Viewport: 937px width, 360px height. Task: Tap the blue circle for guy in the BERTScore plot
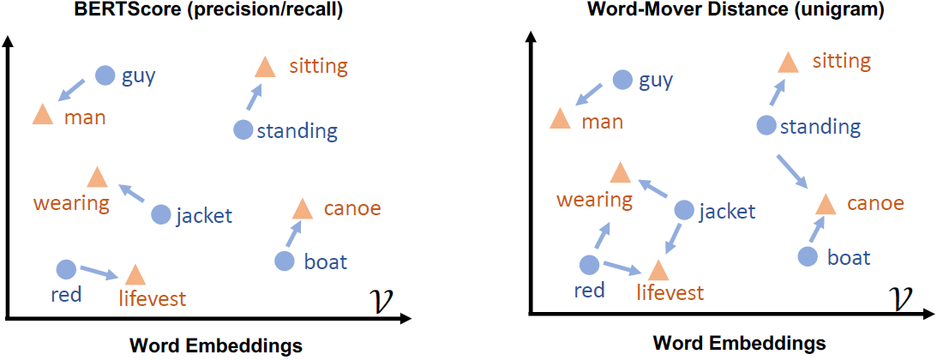(x=105, y=75)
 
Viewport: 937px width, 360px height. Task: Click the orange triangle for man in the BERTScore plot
(x=42, y=115)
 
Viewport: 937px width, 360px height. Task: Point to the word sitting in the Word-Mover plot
(x=841, y=62)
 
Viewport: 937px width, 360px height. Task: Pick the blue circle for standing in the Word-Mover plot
(x=767, y=126)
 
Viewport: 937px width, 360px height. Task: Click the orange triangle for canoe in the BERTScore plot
(x=302, y=209)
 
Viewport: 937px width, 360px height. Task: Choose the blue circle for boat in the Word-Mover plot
(x=808, y=255)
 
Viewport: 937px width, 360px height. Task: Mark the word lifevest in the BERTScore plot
(x=153, y=298)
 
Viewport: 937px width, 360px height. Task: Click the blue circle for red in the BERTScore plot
(x=66, y=269)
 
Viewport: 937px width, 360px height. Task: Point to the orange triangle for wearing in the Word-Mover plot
(x=619, y=173)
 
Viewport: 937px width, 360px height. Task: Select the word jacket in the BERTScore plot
(x=204, y=215)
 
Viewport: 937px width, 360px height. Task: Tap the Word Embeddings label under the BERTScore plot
(x=215, y=345)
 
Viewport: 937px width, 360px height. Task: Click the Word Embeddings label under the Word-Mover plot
(x=739, y=343)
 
